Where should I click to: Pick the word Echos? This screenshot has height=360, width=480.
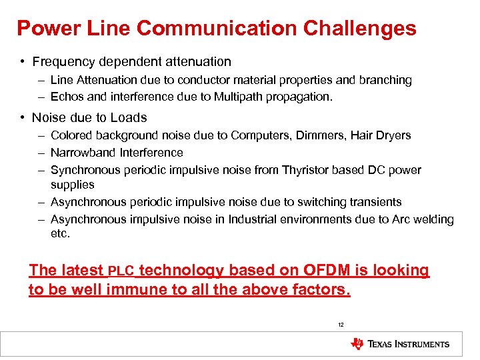tap(66, 97)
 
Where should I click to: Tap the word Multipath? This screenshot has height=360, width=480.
tap(239, 97)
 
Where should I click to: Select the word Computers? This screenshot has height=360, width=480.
tap(260, 135)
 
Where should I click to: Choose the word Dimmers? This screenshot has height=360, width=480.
tap(318, 135)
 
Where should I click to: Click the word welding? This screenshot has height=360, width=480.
tap(433, 219)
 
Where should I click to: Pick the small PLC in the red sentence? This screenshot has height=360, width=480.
tap(121, 271)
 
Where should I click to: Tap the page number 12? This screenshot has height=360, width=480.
tap(341, 325)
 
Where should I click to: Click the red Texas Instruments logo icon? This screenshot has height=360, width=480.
tap(357, 344)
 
